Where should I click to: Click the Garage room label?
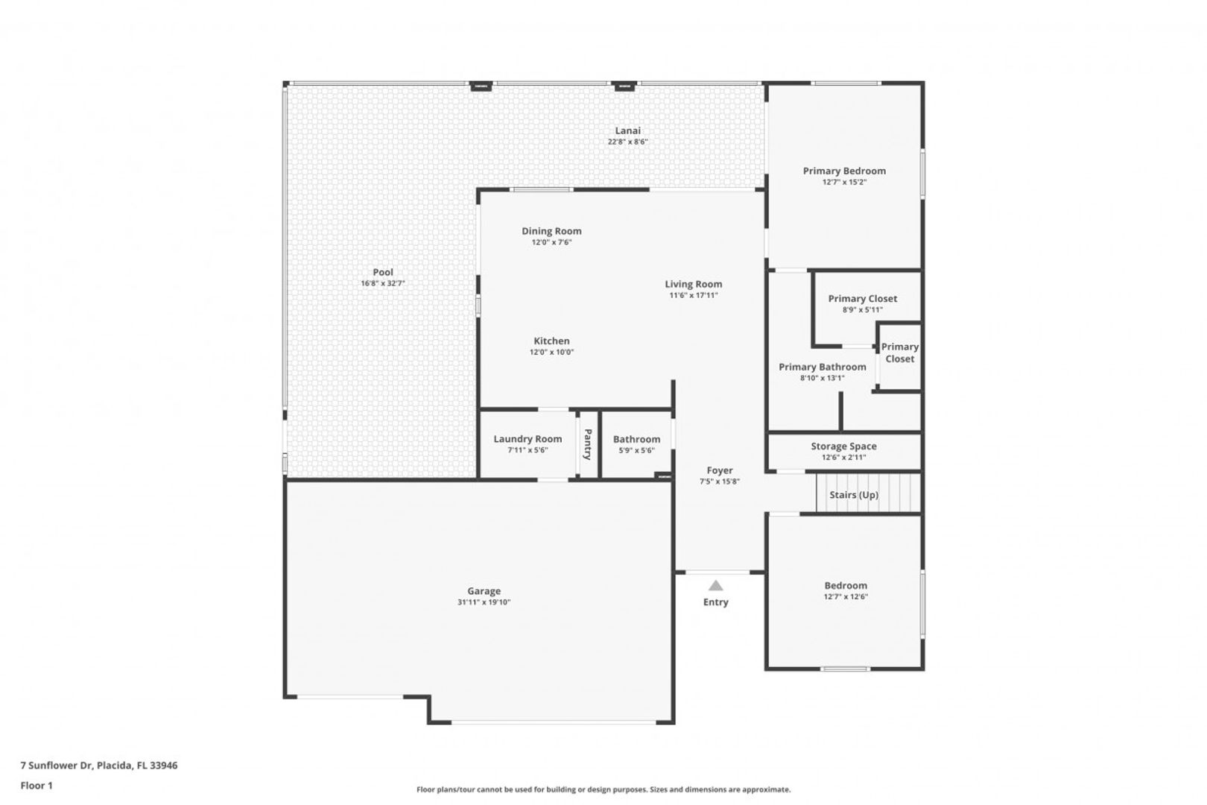click(x=484, y=591)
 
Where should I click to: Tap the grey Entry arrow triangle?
click(x=715, y=586)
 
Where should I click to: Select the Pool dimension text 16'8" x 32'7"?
click(x=382, y=283)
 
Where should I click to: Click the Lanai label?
click(x=628, y=130)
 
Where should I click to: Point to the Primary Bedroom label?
click(x=844, y=171)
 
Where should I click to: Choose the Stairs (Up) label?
click(x=854, y=495)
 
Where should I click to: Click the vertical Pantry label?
click(x=588, y=444)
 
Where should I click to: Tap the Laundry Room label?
click(x=528, y=439)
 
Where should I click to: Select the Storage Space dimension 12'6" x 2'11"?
click(x=844, y=457)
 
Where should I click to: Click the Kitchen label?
click(x=551, y=341)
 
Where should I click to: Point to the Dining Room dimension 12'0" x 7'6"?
click(x=551, y=242)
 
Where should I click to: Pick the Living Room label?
click(x=694, y=284)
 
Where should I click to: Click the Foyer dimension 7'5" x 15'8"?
click(x=719, y=482)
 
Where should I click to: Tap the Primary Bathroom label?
click(x=823, y=367)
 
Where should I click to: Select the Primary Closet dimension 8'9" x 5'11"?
click(x=863, y=309)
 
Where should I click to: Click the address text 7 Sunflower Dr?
click(x=57, y=765)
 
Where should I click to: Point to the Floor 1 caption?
click(x=37, y=786)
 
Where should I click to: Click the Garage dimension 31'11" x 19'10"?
click(x=484, y=602)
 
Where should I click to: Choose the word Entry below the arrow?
click(x=715, y=602)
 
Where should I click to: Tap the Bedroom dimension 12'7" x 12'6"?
click(x=846, y=596)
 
